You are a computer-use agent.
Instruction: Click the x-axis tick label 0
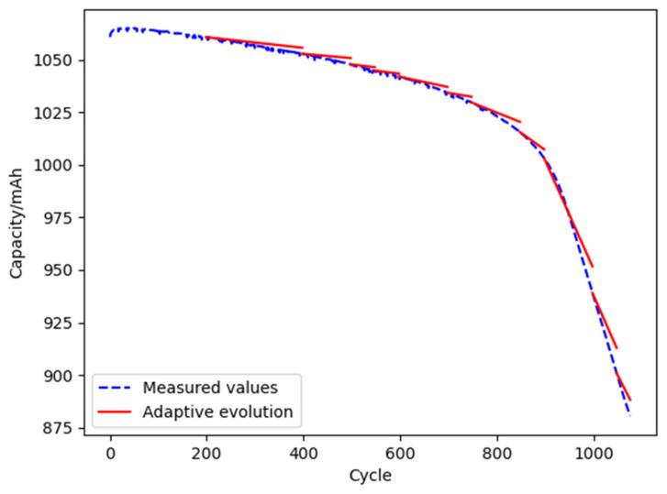(111, 452)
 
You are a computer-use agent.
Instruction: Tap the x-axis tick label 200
(207, 452)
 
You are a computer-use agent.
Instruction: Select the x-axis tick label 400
(305, 452)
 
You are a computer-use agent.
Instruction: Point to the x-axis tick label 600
(401, 452)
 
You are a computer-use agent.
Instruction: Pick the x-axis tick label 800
(497, 452)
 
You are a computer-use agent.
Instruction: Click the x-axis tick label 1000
(594, 452)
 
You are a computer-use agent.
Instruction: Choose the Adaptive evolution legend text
(217, 412)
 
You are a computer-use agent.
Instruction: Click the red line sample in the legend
(117, 412)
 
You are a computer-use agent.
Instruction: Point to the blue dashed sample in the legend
(117, 386)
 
